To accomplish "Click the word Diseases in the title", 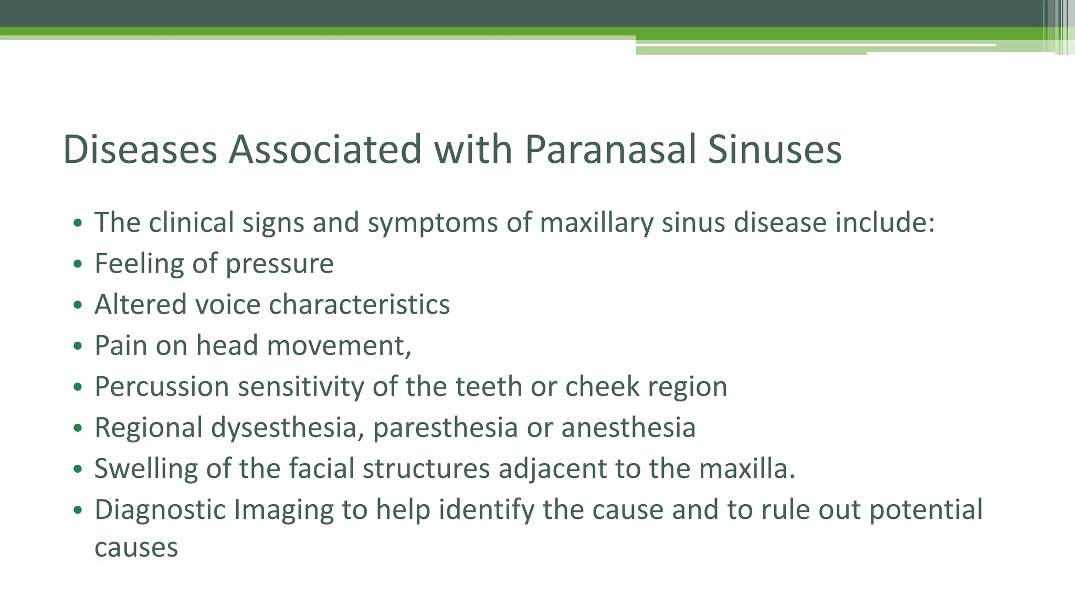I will [x=140, y=150].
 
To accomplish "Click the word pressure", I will [x=279, y=264].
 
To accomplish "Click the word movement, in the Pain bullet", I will [x=339, y=346].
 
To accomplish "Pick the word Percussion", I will [x=162, y=387].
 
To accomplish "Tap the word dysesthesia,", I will [x=288, y=427].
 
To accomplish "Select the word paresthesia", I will [x=445, y=427].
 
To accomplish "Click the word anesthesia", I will [x=628, y=427].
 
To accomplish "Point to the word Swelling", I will [x=146, y=469].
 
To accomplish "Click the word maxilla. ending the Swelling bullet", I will [x=747, y=468].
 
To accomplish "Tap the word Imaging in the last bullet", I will [x=283, y=510].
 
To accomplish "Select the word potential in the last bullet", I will [x=925, y=510].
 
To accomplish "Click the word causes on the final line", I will [x=136, y=548].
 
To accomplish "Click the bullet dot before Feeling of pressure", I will [x=78, y=264].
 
